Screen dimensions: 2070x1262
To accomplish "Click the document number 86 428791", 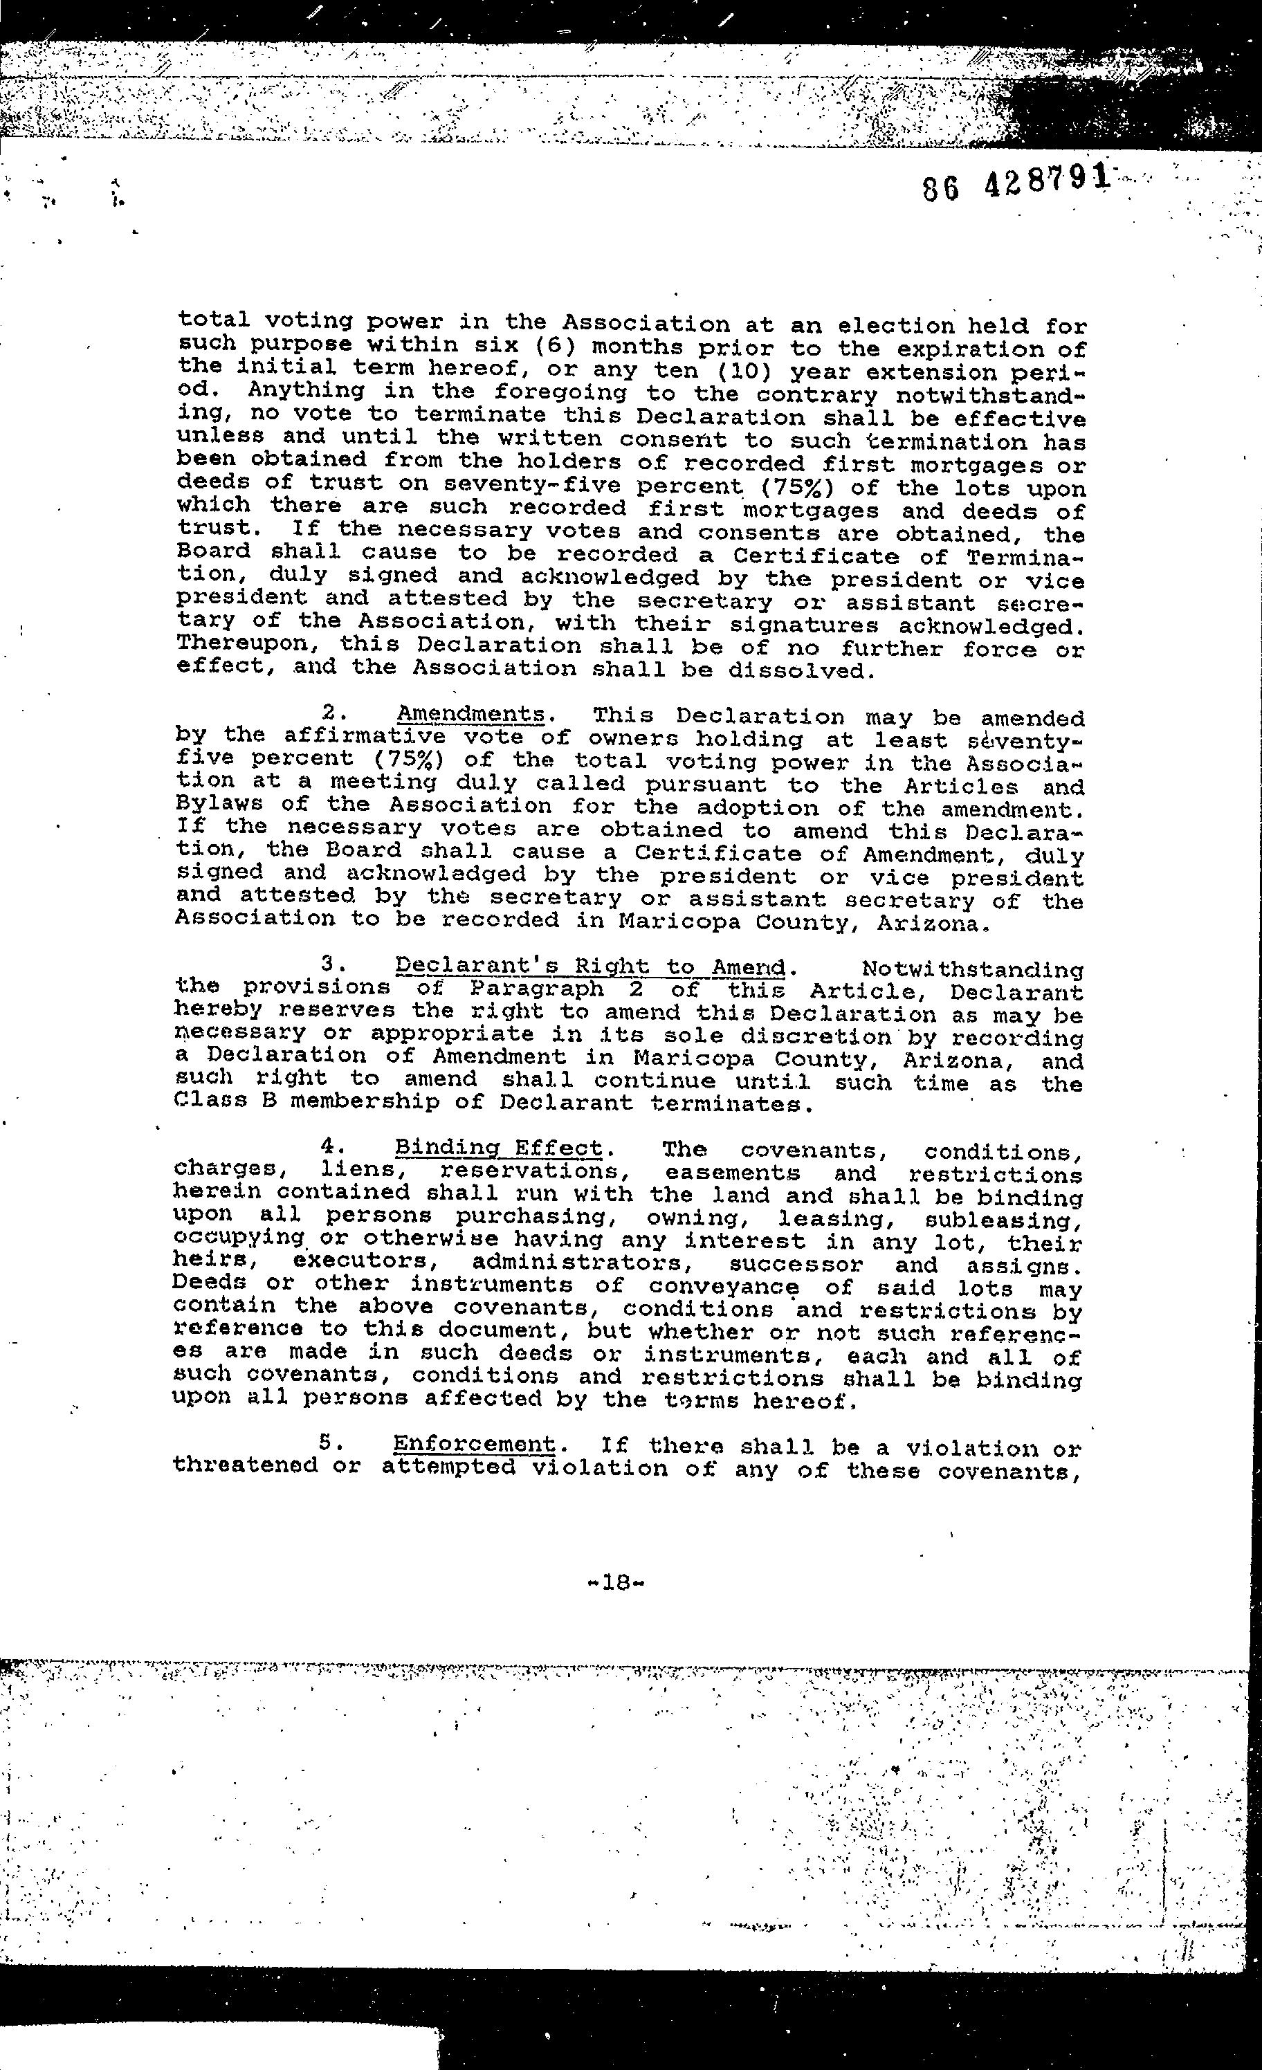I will tap(1015, 183).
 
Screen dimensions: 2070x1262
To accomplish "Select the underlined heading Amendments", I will tap(470, 714).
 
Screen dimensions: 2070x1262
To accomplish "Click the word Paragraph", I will tap(536, 989).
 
